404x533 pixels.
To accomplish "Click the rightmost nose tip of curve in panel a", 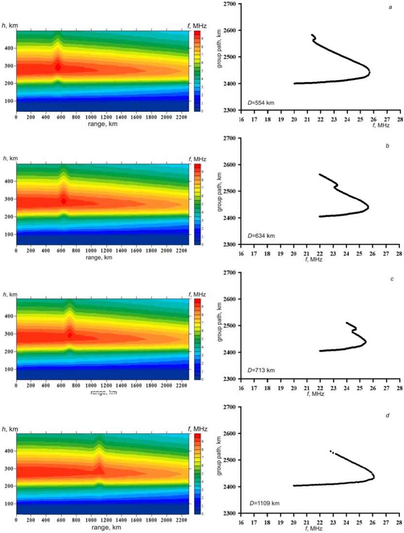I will (x=370, y=72).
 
